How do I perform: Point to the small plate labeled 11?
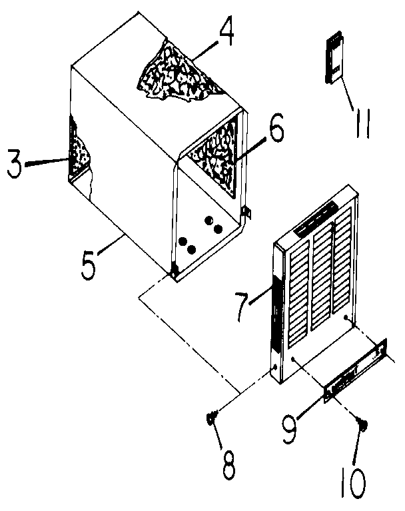(334, 59)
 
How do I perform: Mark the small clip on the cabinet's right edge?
(246, 213)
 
